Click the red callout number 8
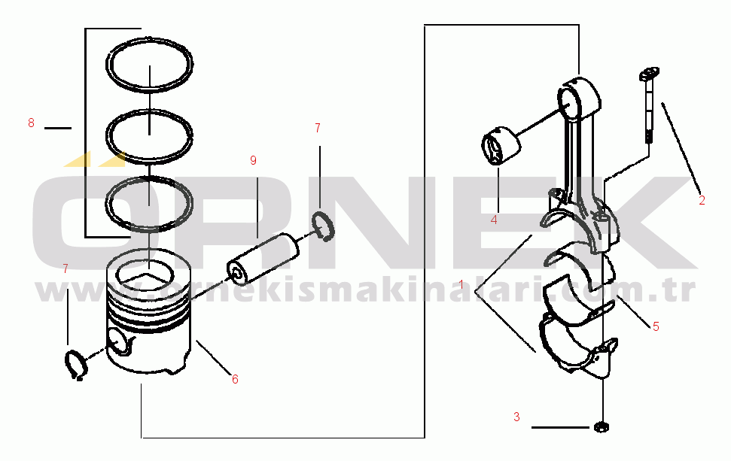point(31,123)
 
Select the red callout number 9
point(253,161)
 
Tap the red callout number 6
point(235,380)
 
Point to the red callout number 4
point(494,220)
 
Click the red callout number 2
point(702,201)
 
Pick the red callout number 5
point(656,327)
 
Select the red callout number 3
point(516,417)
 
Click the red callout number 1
point(461,284)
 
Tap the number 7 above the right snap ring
point(318,128)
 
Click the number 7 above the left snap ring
point(65,268)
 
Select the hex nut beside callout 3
point(602,426)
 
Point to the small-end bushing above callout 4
point(501,145)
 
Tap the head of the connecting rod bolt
point(648,73)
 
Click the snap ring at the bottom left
point(76,365)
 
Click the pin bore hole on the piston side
point(117,341)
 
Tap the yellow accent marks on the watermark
point(96,159)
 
